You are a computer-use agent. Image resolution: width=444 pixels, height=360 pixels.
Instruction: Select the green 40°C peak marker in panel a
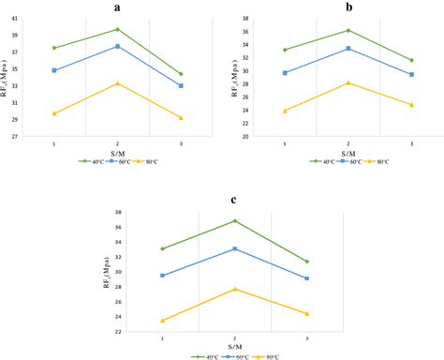pyautogui.click(x=117, y=29)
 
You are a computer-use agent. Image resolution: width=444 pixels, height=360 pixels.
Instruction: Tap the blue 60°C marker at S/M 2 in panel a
pyautogui.click(x=117, y=46)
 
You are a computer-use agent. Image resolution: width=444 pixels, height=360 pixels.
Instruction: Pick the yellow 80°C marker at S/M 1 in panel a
pyautogui.click(x=54, y=113)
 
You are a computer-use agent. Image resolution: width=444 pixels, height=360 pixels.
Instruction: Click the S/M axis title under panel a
pyautogui.click(x=117, y=153)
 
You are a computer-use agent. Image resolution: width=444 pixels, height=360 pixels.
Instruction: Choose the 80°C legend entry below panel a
pyautogui.click(x=151, y=161)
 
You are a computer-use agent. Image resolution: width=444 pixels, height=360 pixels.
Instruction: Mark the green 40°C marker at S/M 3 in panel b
pyautogui.click(x=411, y=60)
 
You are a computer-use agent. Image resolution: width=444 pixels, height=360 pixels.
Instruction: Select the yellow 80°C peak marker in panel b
pyautogui.click(x=348, y=82)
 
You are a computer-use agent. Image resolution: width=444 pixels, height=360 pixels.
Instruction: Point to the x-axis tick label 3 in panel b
pyautogui.click(x=411, y=143)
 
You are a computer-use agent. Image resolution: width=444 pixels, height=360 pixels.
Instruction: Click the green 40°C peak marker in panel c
pyautogui.click(x=235, y=221)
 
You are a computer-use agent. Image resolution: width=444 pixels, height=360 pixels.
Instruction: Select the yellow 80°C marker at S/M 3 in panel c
pyautogui.click(x=307, y=314)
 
